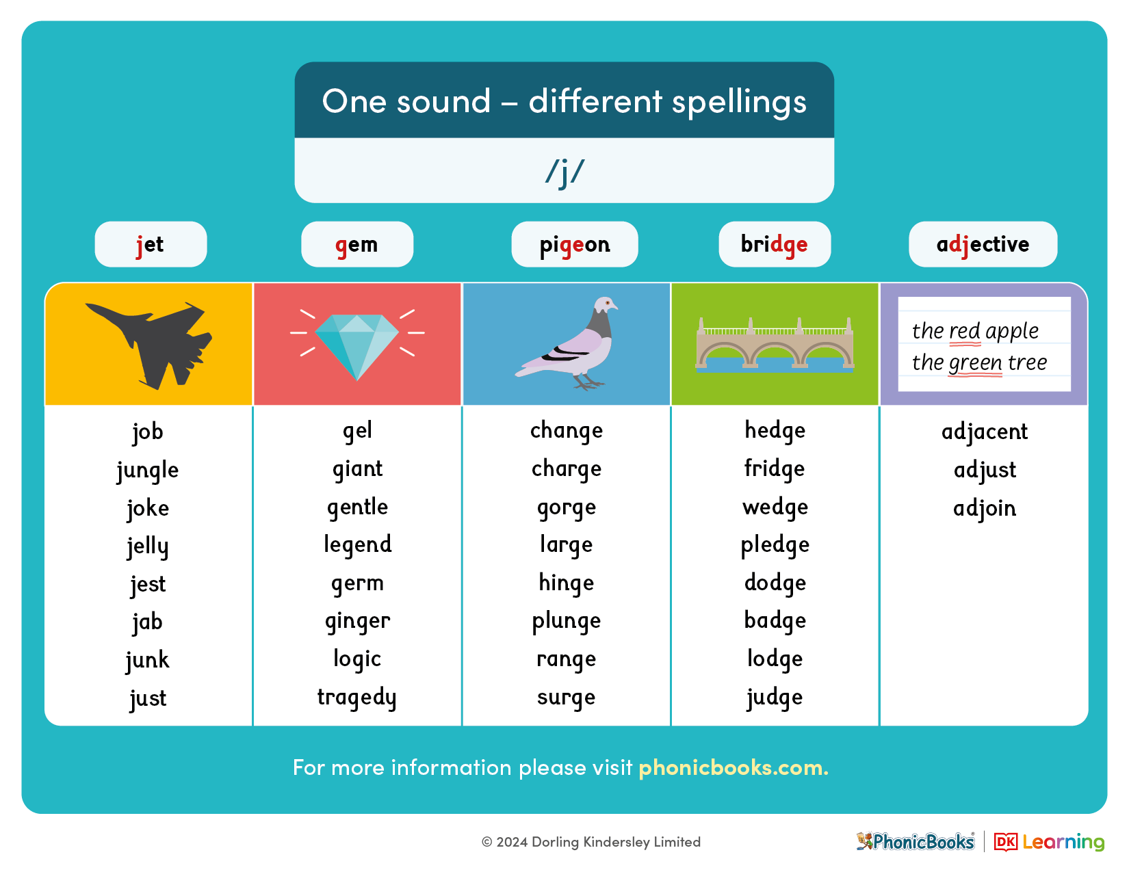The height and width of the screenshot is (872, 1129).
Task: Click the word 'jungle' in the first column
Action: [x=148, y=471]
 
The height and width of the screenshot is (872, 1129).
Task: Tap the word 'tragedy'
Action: [x=357, y=698]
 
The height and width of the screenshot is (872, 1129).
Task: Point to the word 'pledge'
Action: [x=775, y=545]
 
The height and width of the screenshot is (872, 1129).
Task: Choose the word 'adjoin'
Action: [x=985, y=508]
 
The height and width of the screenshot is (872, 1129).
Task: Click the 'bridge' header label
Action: [x=774, y=245]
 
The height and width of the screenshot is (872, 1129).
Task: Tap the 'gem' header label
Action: [x=357, y=245]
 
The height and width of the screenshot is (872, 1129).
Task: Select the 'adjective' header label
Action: [x=983, y=245]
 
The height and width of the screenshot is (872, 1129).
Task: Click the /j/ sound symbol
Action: [x=564, y=172]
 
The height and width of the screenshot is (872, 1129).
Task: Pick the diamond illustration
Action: [x=357, y=345]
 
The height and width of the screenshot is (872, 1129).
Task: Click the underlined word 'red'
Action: [x=965, y=331]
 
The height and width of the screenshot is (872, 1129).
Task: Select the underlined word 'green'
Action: [x=976, y=363]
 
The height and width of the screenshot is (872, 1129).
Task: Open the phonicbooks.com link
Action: [x=733, y=767]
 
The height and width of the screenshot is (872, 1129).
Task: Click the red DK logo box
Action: [x=1006, y=842]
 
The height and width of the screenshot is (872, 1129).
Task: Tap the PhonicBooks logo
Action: [x=916, y=841]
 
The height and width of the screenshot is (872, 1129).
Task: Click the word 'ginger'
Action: [x=357, y=621]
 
